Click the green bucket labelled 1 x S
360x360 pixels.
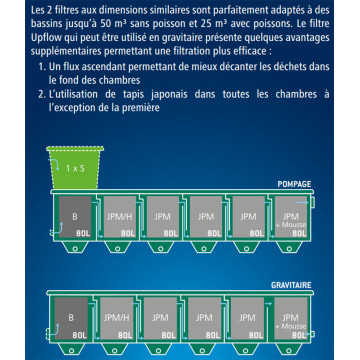(x=71, y=165)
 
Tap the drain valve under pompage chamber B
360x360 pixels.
(x=71, y=246)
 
